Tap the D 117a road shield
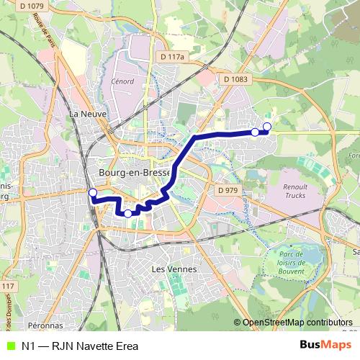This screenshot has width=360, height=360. point(173,56)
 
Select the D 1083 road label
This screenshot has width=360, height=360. point(235,78)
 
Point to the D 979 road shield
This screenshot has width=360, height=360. point(227,189)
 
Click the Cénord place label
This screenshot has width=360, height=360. point(122,81)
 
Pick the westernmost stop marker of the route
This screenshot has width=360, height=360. point(92,192)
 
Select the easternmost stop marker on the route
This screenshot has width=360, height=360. point(267,127)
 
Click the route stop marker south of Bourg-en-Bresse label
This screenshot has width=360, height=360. point(128,213)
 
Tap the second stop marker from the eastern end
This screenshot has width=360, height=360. point(255,132)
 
